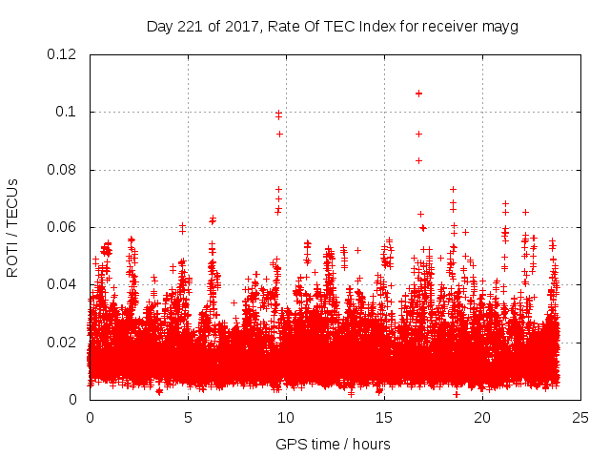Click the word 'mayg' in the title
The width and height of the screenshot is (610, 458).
coord(499,27)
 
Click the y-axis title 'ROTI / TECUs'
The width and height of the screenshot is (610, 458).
coord(12,227)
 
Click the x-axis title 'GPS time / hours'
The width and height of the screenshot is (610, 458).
coord(333,445)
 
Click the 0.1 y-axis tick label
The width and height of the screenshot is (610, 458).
coord(69,113)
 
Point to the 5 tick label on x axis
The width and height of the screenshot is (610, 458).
coord(188,417)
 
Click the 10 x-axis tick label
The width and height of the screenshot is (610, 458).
coord(286,417)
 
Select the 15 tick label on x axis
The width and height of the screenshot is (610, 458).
coord(384,417)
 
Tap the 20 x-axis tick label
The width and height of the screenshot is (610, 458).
coord(482,417)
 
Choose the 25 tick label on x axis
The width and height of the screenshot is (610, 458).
coord(580,417)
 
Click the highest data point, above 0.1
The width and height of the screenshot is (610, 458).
coord(418,94)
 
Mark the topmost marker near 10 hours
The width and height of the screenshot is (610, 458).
coord(278,114)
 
